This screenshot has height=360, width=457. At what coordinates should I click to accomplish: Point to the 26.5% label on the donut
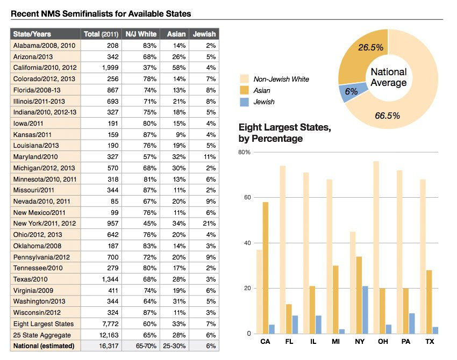[370, 47]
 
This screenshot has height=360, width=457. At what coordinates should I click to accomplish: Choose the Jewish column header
[204, 34]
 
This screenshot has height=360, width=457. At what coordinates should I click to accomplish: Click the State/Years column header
[32, 34]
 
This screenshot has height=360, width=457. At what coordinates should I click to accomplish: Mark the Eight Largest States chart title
[284, 133]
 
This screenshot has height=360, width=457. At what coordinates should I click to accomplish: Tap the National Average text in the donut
[389, 77]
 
